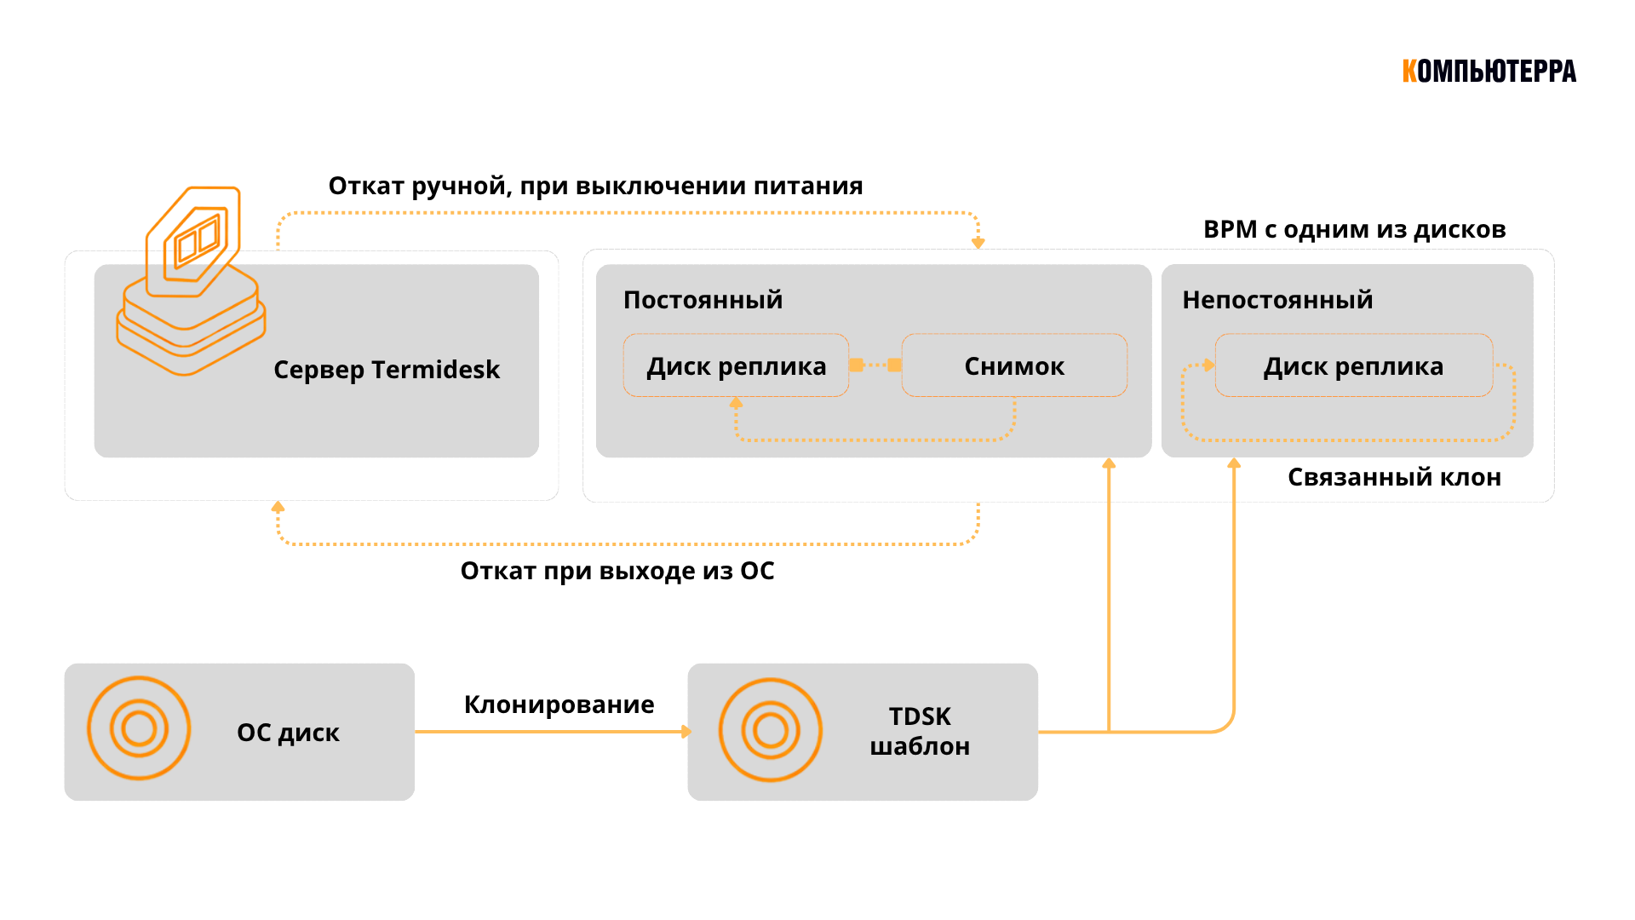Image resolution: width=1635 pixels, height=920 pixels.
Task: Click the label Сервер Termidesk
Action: (387, 370)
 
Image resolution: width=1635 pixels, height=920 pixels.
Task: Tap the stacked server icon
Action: (192, 281)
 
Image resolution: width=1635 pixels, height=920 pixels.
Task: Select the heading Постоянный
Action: (703, 300)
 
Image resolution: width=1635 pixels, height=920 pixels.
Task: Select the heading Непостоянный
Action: (1277, 300)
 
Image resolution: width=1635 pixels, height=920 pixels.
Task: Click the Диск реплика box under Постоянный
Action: (736, 366)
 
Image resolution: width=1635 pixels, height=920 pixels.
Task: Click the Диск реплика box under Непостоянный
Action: (1353, 366)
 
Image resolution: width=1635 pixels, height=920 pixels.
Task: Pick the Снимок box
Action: (1013, 366)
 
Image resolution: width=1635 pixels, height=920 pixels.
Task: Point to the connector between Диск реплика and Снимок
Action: (875, 365)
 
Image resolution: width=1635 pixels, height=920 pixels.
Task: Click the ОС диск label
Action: (288, 733)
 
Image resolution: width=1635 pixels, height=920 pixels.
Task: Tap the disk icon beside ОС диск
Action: (139, 728)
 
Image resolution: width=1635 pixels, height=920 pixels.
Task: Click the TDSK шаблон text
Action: (920, 731)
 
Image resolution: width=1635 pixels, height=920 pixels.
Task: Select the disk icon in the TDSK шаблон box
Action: (771, 730)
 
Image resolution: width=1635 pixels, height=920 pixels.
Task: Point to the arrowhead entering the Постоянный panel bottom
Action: (1109, 464)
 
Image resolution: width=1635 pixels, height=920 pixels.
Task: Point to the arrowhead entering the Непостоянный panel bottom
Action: (1234, 464)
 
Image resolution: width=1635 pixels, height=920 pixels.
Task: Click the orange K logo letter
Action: (1409, 72)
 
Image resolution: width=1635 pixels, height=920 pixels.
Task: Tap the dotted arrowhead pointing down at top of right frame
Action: (978, 243)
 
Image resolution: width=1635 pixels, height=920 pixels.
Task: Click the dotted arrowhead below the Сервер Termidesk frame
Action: (278, 508)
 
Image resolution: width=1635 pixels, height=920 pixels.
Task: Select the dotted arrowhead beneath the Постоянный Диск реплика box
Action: (737, 404)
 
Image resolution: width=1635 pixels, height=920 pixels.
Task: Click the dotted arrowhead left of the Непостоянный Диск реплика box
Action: (1208, 365)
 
